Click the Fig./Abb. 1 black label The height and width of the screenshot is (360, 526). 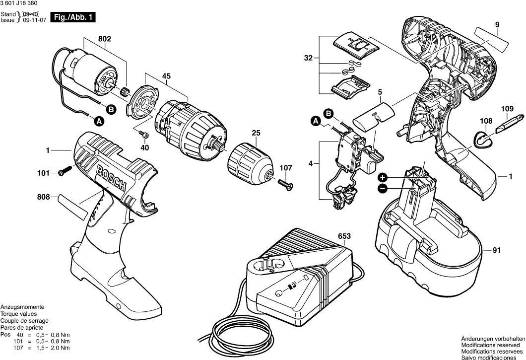click(x=72, y=18)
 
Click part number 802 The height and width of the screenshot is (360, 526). click(x=105, y=39)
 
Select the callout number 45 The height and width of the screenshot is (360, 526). click(x=166, y=76)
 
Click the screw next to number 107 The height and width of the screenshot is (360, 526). click(x=286, y=185)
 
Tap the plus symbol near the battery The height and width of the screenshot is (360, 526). click(x=383, y=178)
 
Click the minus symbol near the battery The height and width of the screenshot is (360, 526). click(x=383, y=188)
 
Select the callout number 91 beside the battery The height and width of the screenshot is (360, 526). click(x=496, y=250)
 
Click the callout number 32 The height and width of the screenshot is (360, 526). click(x=309, y=59)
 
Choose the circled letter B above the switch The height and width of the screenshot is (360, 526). click(x=328, y=114)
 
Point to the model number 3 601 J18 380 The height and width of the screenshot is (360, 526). click(x=20, y=3)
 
